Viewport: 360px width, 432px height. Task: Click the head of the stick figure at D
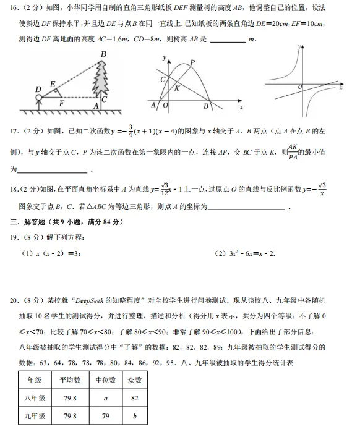(x=38, y=97)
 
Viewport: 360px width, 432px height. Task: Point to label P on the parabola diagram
(x=192, y=62)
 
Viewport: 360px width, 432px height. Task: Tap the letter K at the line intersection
(x=177, y=88)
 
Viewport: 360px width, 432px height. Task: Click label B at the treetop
(x=103, y=55)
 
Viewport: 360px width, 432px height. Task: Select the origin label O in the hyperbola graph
(x=300, y=88)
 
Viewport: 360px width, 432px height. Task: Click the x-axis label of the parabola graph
(x=240, y=107)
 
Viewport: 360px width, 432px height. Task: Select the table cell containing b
(x=134, y=416)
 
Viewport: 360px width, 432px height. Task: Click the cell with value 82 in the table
(x=134, y=398)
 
